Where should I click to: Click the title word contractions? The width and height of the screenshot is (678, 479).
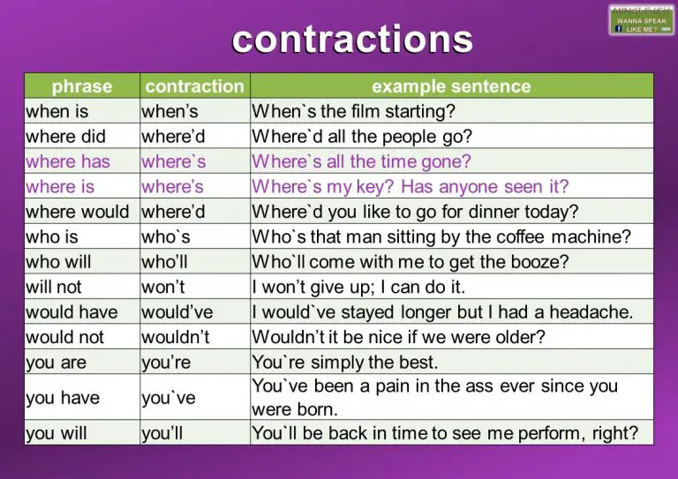(x=351, y=39)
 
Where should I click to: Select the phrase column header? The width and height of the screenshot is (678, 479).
(x=82, y=86)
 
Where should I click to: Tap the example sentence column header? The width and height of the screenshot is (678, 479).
(x=451, y=86)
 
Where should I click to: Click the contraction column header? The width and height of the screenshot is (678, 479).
(x=194, y=86)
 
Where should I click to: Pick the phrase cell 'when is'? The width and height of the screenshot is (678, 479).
(x=57, y=111)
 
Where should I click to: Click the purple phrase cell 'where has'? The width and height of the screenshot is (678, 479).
(x=68, y=161)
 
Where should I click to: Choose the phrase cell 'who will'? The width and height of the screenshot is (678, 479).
(x=60, y=262)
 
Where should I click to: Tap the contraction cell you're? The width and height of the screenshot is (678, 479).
(x=167, y=363)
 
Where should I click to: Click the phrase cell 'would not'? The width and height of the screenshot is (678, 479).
(x=64, y=337)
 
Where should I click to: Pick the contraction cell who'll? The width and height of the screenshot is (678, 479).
(x=166, y=262)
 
